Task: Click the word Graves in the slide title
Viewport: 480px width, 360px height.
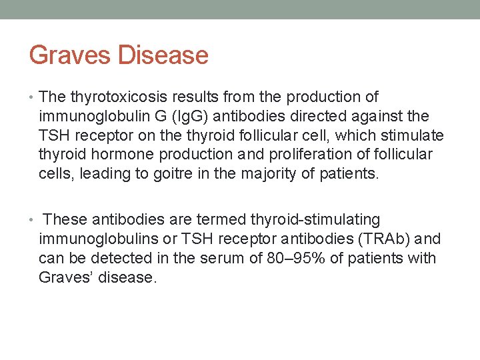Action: [x=70, y=55]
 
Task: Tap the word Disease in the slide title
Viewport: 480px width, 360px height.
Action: [x=163, y=55]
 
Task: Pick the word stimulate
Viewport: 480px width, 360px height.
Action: [x=411, y=136]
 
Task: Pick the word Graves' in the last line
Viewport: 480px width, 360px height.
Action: [x=66, y=277]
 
